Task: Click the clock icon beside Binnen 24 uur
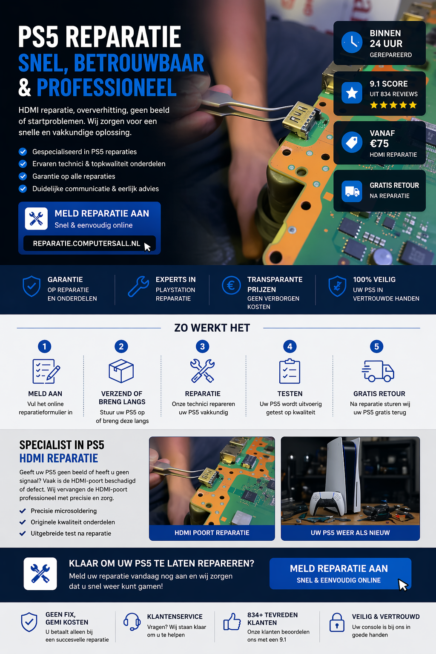pyautogui.click(x=352, y=42)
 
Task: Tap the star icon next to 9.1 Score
pyautogui.click(x=352, y=93)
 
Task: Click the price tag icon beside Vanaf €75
pyautogui.click(x=352, y=142)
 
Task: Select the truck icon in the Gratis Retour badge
pyautogui.click(x=352, y=191)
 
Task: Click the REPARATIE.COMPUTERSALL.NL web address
pyautogui.click(x=86, y=244)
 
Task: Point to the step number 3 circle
pyautogui.click(x=202, y=347)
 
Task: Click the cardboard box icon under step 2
pyautogui.click(x=121, y=371)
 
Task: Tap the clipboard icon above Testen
pyautogui.click(x=290, y=371)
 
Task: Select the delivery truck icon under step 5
pyautogui.click(x=378, y=371)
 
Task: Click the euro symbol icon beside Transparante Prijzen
pyautogui.click(x=231, y=285)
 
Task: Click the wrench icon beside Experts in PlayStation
pyautogui.click(x=138, y=287)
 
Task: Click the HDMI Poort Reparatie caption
pyautogui.click(x=212, y=533)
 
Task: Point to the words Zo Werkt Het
pyautogui.click(x=212, y=328)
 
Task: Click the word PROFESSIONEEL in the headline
pyautogui.click(x=106, y=87)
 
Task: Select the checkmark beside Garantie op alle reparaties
pyautogui.click(x=23, y=176)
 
